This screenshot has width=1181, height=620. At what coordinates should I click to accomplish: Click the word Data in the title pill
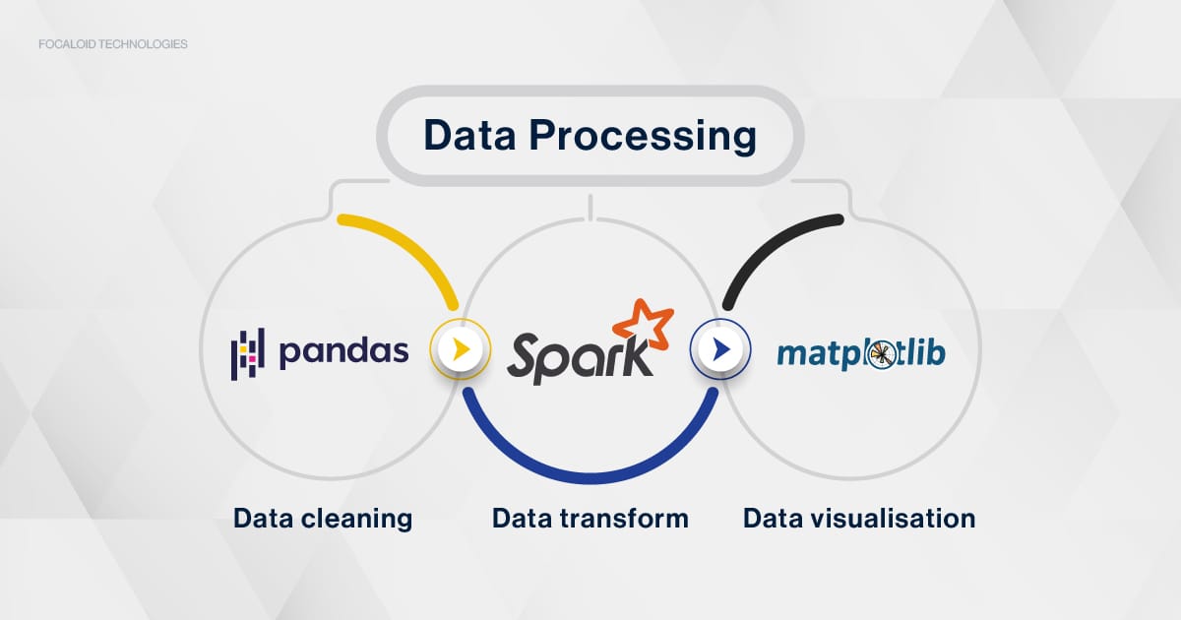pyautogui.click(x=469, y=135)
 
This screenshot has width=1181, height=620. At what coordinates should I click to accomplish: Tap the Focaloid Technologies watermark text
pyautogui.click(x=113, y=44)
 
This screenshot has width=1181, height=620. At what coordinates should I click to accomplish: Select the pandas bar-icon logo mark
pyautogui.click(x=247, y=353)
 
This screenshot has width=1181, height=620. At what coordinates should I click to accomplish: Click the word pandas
pyautogui.click(x=343, y=352)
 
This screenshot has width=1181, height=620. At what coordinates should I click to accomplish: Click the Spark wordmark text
pyautogui.click(x=580, y=358)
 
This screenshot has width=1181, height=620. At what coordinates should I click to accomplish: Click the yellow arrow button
pyautogui.click(x=461, y=349)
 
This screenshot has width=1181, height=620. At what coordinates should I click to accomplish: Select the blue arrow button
pyautogui.click(x=720, y=349)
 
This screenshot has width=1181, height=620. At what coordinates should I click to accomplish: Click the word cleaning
pyautogui.click(x=356, y=519)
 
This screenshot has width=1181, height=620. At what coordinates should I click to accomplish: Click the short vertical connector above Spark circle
pyautogui.click(x=590, y=208)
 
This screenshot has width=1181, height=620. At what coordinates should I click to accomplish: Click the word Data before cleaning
pyautogui.click(x=263, y=519)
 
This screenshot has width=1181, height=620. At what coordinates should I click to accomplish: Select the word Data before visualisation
pyautogui.click(x=773, y=519)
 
